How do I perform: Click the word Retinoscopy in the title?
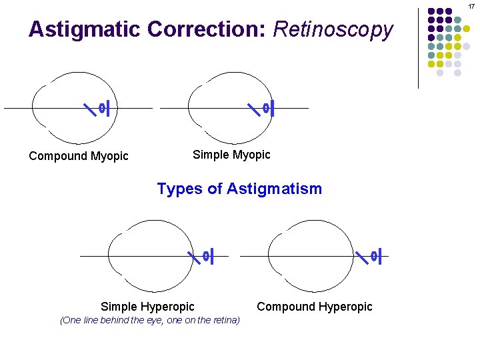pyautogui.click(x=333, y=30)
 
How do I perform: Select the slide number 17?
pyautogui.click(x=471, y=6)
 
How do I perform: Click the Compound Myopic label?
pyautogui.click(x=79, y=156)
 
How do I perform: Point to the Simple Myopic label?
pyautogui.click(x=231, y=155)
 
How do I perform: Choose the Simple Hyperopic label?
pyautogui.click(x=147, y=307)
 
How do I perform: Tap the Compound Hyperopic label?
pyautogui.click(x=315, y=307)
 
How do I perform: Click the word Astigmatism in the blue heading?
pyautogui.click(x=274, y=189)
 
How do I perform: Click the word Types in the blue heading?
pyautogui.click(x=179, y=189)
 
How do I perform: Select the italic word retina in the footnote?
pyautogui.click(x=221, y=320)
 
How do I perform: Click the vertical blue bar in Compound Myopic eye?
pyautogui.click(x=108, y=107)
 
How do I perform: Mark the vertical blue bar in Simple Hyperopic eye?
pyautogui.click(x=212, y=256)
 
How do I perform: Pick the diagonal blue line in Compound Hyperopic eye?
pyautogui.click(x=362, y=256)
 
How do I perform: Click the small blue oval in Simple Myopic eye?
pyautogui.click(x=265, y=107)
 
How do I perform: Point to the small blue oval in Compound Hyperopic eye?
pyautogui.click(x=373, y=256)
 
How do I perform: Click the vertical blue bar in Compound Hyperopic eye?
pyautogui.click(x=380, y=256)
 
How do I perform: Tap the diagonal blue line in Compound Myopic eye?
pyautogui.click(x=89, y=107)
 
